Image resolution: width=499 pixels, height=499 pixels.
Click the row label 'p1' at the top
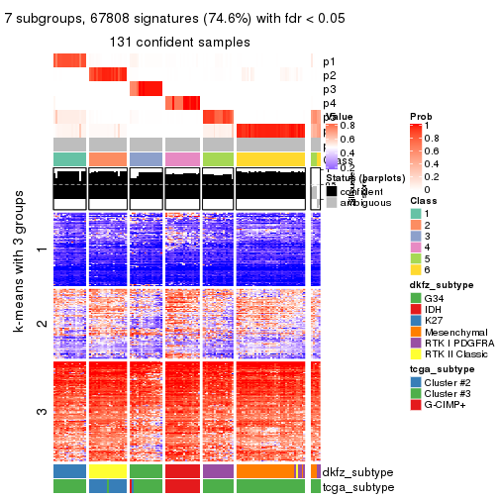click(329, 61)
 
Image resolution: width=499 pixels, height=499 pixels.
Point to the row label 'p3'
click(329, 89)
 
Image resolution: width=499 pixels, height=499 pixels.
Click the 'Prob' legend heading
click(421, 117)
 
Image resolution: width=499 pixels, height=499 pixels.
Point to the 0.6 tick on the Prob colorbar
click(433, 153)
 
